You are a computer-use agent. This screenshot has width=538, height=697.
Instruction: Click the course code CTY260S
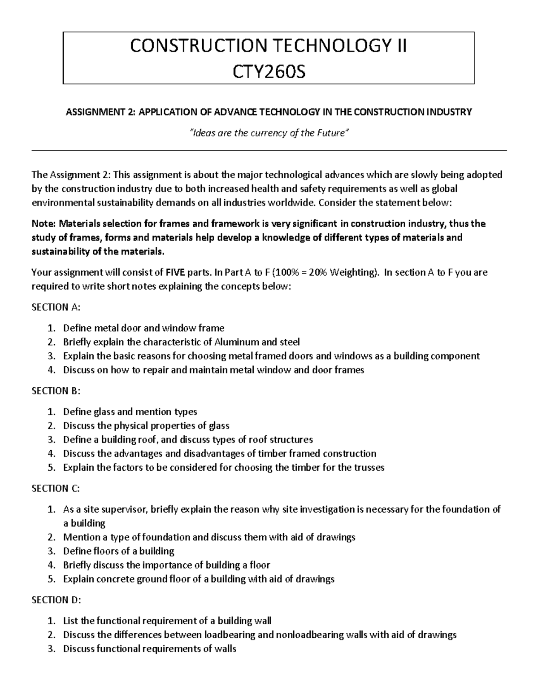[268, 70]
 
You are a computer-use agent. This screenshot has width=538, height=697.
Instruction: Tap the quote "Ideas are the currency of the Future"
[269, 133]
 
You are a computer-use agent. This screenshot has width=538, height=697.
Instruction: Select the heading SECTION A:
[56, 307]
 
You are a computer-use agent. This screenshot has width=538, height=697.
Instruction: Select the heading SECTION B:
[56, 390]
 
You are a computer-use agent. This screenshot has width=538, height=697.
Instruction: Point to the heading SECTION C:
[56, 488]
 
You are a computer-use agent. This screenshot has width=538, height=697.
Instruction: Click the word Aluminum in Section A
[236, 342]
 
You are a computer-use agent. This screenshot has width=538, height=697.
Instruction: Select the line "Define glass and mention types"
[130, 412]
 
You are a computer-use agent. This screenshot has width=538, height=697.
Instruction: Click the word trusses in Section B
[369, 467]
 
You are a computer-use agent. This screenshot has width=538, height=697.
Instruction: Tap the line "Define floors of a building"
[118, 551]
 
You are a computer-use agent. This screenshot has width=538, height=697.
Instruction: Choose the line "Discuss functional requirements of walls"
[149, 649]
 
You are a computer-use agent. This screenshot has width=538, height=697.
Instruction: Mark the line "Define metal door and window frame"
[143, 328]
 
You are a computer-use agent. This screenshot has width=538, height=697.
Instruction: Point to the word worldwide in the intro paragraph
[292, 202]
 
